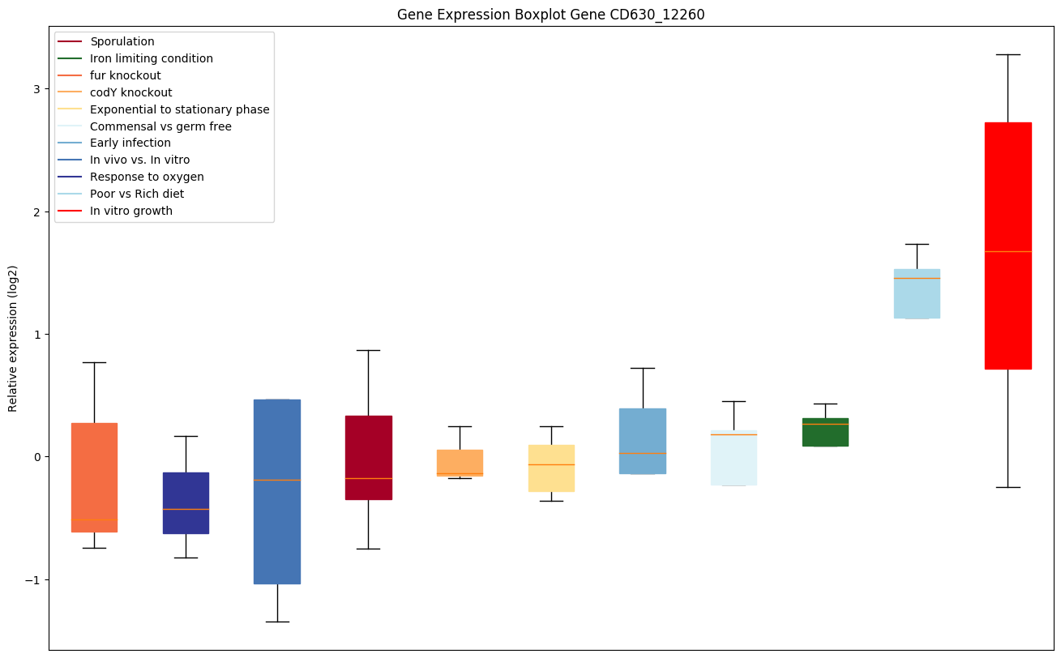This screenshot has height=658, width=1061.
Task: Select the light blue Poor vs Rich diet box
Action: tap(916, 294)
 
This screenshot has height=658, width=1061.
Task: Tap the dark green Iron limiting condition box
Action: tap(825, 433)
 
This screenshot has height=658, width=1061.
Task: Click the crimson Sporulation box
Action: tap(368, 458)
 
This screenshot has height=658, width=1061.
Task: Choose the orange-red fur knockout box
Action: tap(94, 477)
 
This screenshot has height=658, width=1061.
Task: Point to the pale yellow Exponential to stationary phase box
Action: tap(551, 468)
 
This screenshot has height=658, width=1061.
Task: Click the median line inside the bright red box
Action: tap(1008, 252)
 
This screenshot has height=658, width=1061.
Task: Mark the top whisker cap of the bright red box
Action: tap(1008, 54)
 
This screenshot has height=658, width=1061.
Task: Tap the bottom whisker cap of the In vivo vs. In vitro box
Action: tap(277, 622)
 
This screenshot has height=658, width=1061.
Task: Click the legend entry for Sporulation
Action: tap(122, 41)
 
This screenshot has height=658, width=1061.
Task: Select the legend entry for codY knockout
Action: tap(131, 92)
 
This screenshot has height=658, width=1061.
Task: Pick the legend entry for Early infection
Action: tap(130, 143)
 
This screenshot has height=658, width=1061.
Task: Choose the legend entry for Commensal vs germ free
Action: tap(160, 126)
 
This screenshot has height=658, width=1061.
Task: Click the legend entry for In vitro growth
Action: tap(131, 211)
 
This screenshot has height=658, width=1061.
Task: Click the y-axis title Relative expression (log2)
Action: tap(13, 339)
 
